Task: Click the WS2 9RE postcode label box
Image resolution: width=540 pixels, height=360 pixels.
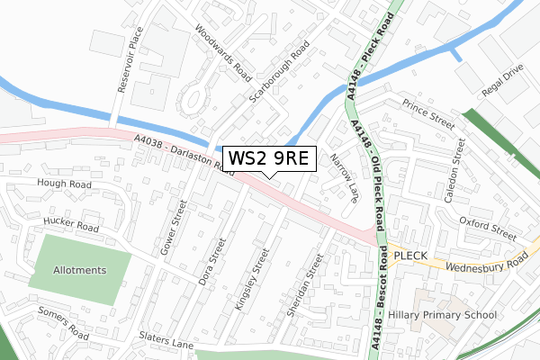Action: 269,158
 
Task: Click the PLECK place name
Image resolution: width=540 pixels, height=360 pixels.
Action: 412,254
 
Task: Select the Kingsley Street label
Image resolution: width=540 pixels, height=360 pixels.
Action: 251,280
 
